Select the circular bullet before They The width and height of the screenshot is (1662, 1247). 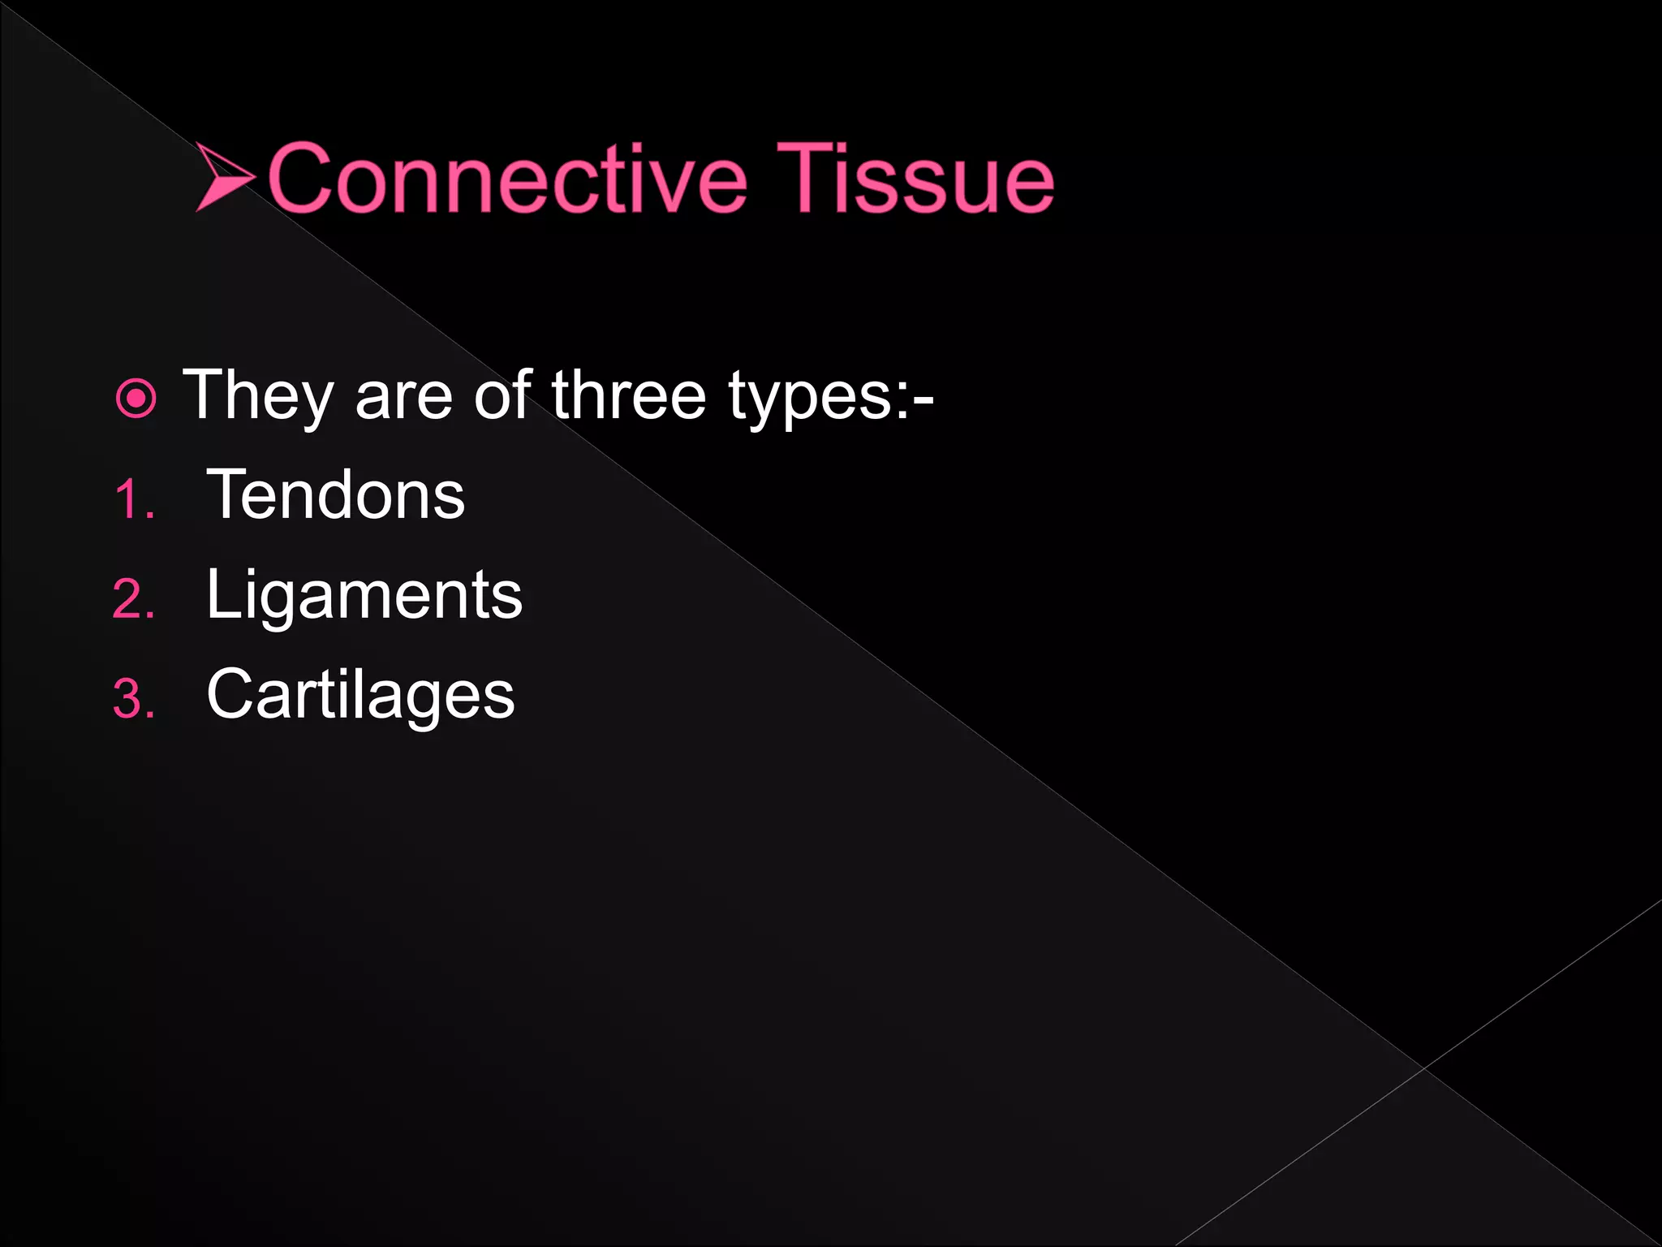coord(136,399)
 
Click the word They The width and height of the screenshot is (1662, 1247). coord(258,395)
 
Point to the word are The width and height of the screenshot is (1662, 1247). coord(403,397)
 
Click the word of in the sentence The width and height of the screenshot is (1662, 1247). coord(502,395)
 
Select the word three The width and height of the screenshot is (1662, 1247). coord(629,395)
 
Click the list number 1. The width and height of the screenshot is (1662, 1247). coord(132,499)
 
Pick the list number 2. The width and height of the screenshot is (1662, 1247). coord(132,600)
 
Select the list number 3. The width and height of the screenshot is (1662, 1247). coord(132,699)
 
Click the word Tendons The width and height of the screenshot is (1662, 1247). coord(336,494)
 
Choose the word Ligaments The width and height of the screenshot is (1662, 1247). coord(364,595)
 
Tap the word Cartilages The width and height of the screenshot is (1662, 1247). coord(360,695)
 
